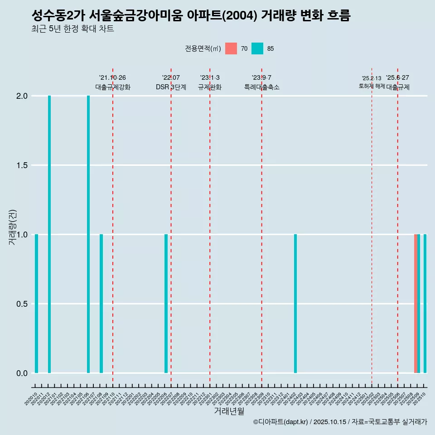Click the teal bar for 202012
[49, 234]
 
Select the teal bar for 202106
[88, 234]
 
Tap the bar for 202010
[36, 304]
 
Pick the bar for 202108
[101, 304]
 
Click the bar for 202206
[166, 304]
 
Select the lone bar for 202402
[295, 304]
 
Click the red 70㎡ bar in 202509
[416, 304]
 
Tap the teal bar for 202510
[425, 304]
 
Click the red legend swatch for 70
[231, 48]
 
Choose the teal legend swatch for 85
[257, 48]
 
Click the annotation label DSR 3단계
[171, 87]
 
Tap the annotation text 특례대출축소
[261, 87]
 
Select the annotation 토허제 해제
[372, 86]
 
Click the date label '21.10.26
[112, 77]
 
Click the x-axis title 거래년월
[229, 411]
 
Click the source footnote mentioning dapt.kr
[340, 422]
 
